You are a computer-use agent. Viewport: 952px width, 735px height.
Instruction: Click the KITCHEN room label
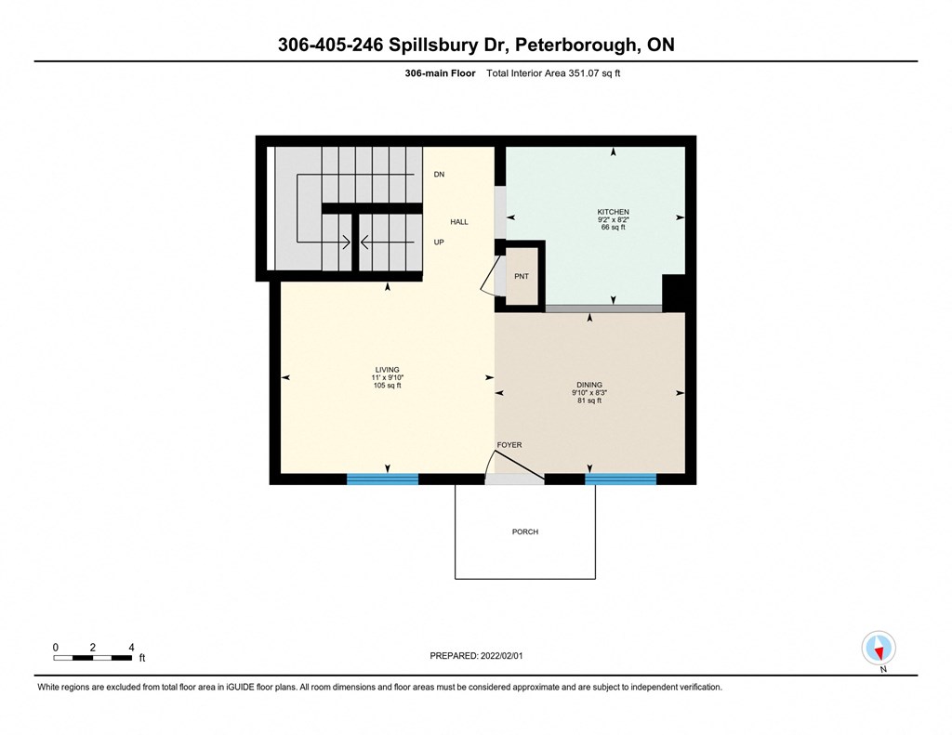pos(613,212)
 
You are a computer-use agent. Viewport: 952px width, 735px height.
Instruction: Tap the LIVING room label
pos(386,370)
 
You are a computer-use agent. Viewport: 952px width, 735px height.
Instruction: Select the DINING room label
pos(588,385)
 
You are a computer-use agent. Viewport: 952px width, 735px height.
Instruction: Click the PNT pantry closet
pos(521,277)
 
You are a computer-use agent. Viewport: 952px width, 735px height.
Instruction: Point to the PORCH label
pos(524,532)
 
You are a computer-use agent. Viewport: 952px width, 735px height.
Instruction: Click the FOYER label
pos(509,445)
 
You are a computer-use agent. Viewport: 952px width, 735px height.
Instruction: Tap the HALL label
pos(459,222)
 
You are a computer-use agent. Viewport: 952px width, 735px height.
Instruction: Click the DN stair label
pos(439,174)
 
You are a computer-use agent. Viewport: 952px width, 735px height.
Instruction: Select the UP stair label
pos(439,242)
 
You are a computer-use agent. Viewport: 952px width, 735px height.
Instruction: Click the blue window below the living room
pos(382,479)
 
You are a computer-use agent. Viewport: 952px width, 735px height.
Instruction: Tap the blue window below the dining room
pos(620,479)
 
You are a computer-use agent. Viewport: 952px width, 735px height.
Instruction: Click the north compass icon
pos(878,649)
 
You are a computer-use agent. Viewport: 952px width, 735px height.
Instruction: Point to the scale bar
pos(92,658)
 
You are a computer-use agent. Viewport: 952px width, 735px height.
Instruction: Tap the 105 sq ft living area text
pos(386,386)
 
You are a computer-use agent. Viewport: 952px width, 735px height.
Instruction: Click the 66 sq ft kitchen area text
pos(613,228)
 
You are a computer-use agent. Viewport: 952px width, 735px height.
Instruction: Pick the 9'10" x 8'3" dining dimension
pos(588,393)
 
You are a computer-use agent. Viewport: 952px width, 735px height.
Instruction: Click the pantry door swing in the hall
pos(488,277)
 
